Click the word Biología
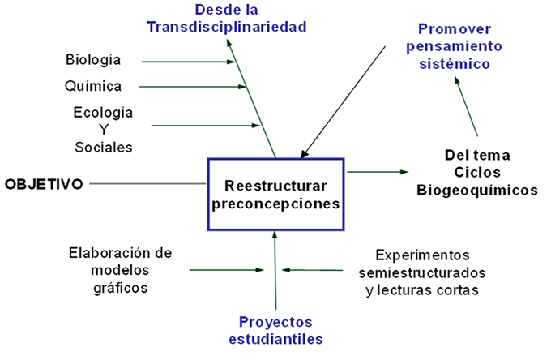[x=93, y=60]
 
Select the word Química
[x=93, y=85]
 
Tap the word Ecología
[x=104, y=111]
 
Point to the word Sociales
[x=104, y=148]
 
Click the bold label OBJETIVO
[x=44, y=184]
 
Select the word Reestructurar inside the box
[x=275, y=184]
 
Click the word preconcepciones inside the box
[x=275, y=203]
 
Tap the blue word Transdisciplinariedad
[x=227, y=27]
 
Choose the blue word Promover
[x=453, y=28]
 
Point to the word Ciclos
[x=476, y=172]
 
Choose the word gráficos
[x=121, y=288]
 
